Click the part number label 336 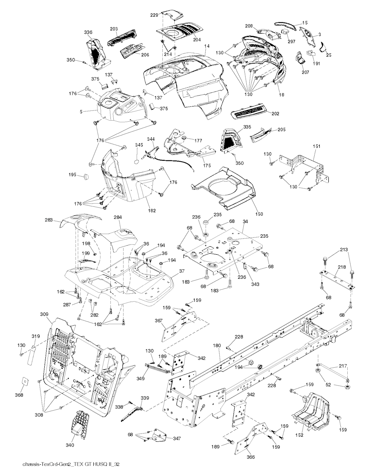(x=88, y=33)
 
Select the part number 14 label (x=207, y=46)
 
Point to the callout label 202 (x=275, y=114)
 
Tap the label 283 (x=49, y=220)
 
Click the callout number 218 (x=341, y=267)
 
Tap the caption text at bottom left (x=71, y=465)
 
